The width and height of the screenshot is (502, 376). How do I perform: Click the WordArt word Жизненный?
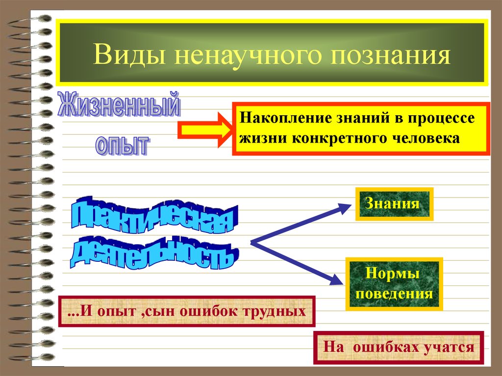click(118, 105)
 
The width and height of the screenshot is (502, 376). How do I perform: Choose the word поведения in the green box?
click(394, 294)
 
